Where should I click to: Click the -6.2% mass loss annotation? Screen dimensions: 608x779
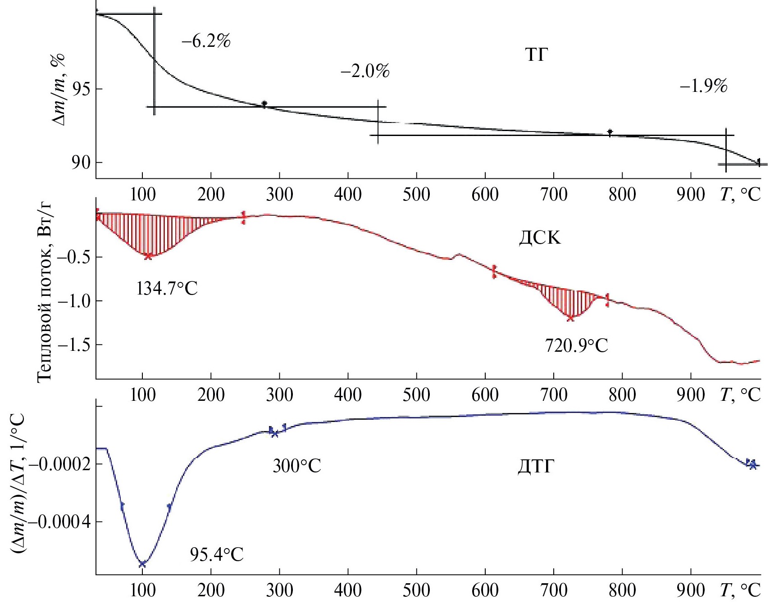(x=206, y=41)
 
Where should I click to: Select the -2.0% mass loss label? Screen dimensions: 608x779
(x=365, y=71)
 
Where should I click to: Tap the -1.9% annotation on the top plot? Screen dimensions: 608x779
(x=703, y=86)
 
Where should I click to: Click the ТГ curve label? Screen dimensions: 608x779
(x=536, y=55)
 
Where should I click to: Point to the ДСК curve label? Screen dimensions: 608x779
(x=540, y=237)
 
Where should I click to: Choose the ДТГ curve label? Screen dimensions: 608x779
(x=535, y=466)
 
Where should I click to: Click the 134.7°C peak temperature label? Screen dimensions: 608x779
(x=167, y=288)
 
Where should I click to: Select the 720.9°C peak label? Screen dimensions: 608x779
(x=576, y=346)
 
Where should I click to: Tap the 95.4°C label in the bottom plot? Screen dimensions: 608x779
(x=216, y=554)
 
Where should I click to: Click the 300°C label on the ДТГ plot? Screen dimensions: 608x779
(x=296, y=466)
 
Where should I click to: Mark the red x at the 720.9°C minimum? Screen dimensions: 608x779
(x=570, y=318)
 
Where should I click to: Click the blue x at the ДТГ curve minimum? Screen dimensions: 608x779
(x=142, y=564)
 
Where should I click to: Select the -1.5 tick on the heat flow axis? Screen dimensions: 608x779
(x=73, y=345)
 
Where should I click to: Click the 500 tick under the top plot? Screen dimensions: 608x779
(x=416, y=195)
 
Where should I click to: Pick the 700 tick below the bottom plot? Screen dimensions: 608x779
(x=554, y=590)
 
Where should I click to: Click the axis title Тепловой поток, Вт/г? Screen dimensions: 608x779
(x=45, y=293)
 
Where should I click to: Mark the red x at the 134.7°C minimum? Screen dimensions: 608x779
(x=148, y=256)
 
